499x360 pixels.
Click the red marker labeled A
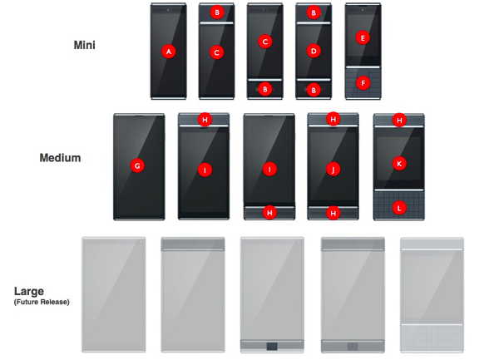pos(168,52)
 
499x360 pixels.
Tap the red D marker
pos(314,51)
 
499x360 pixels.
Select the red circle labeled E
pos(363,38)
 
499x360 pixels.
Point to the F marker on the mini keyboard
pos(363,83)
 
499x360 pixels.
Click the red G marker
pos(137,165)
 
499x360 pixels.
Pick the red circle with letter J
pos(333,169)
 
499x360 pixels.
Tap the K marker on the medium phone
pos(399,164)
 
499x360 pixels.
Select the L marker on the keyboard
pos(398,209)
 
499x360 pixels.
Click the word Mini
pos(84,45)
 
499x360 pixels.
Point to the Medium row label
pos(60,158)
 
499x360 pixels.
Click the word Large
pos(29,292)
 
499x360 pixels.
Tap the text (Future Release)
pos(42,302)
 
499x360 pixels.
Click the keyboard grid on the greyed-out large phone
pos(432,338)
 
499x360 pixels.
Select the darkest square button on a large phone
pos(272,346)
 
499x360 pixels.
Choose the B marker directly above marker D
pos(314,12)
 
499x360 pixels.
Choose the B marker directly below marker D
pos(314,91)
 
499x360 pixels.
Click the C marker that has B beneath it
pos(264,42)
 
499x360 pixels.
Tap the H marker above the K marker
pos(399,121)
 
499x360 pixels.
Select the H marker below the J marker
pos(333,213)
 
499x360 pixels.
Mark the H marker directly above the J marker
pos(333,119)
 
